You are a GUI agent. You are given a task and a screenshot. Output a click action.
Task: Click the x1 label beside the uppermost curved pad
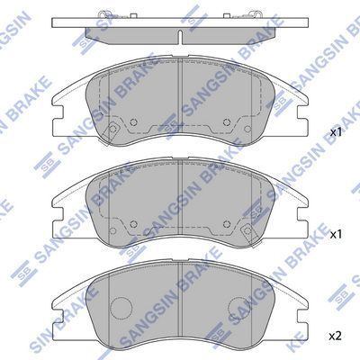(336, 132)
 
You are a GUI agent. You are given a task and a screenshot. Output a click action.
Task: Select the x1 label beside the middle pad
(336, 234)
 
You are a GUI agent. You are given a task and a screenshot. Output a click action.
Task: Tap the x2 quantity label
(335, 337)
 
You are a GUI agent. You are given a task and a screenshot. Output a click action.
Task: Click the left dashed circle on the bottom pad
(121, 308)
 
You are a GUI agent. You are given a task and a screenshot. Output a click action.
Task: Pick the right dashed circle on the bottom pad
(238, 308)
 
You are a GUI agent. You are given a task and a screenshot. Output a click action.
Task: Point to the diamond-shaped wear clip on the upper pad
(112, 130)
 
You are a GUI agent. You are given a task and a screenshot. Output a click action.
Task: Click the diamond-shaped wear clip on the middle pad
(247, 230)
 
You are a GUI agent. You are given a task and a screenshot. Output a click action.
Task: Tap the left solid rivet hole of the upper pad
(133, 122)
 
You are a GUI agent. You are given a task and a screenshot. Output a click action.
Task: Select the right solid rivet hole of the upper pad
(227, 122)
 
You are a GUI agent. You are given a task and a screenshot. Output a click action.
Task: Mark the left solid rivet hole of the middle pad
(133, 223)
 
